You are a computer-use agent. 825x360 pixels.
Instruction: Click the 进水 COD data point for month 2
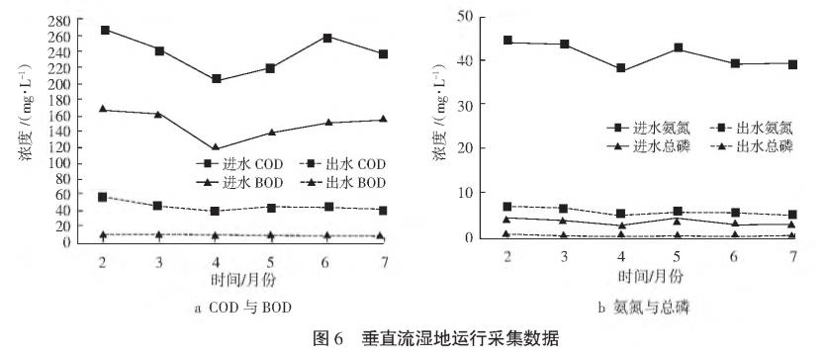click(x=105, y=30)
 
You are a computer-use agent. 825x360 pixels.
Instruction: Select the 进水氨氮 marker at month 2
click(x=507, y=41)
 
